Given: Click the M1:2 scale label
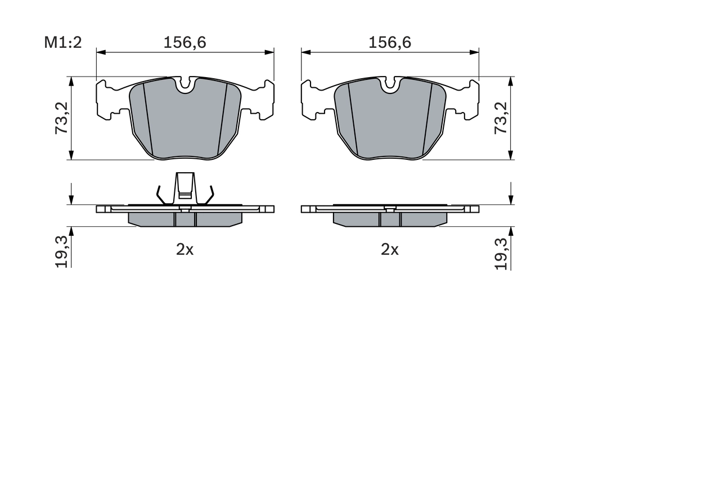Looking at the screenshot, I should click(x=63, y=42).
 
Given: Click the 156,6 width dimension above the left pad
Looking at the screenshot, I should click(x=184, y=42).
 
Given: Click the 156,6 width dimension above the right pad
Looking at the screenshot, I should click(x=390, y=42).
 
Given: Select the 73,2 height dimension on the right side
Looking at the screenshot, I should click(x=500, y=118).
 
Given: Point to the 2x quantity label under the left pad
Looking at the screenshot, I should click(x=184, y=249).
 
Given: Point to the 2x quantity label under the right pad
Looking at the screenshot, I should click(x=390, y=249).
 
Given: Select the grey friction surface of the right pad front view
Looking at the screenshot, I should click(x=390, y=121).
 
